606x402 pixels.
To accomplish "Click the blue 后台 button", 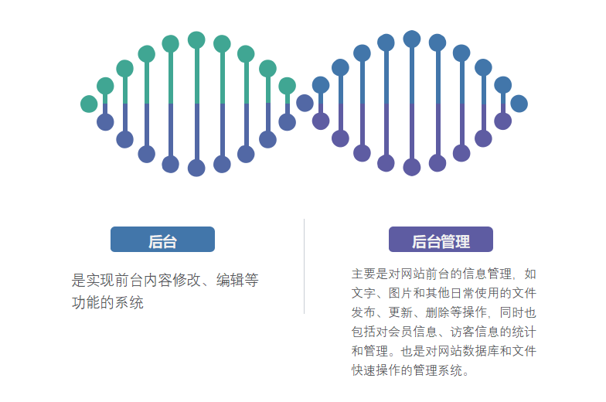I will [x=162, y=240].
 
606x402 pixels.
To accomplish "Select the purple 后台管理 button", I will [x=441, y=240].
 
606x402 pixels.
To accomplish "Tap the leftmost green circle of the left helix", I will [x=89, y=104].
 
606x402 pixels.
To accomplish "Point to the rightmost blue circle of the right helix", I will [x=519, y=104].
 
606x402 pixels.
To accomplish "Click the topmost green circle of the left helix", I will [x=196, y=39].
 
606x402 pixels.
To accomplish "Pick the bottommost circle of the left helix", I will [x=196, y=168].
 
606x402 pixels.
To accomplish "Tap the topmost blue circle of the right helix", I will [x=412, y=39].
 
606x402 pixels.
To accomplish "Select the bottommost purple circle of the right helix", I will [x=412, y=167].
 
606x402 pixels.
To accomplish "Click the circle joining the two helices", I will [x=305, y=103].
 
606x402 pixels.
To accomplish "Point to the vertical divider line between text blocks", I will [x=304, y=267].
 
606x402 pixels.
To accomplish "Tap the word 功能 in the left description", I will [x=84, y=302].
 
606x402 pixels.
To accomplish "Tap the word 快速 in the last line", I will [x=363, y=370].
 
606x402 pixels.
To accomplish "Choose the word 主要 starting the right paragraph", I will [x=363, y=274].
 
